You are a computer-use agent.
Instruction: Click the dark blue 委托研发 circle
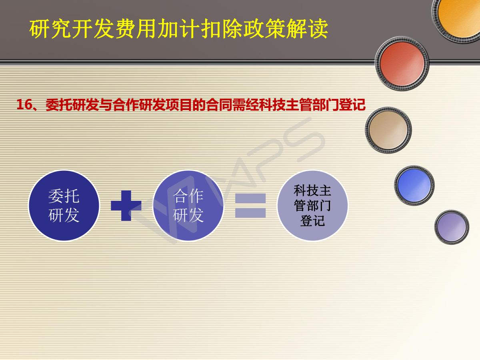tap(64, 206)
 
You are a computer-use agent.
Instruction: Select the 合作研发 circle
tap(188, 206)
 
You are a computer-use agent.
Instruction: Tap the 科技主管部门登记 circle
tap(312, 206)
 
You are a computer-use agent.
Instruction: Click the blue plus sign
tap(126, 206)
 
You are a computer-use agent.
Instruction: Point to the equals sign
tap(250, 206)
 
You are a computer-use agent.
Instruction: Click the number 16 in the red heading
tap(24, 104)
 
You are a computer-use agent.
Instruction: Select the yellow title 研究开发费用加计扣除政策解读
tap(179, 29)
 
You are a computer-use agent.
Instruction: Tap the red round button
tap(402, 64)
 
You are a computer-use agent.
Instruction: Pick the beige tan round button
tap(388, 130)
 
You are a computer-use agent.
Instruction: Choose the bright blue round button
tap(414, 185)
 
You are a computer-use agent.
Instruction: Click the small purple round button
tap(452, 227)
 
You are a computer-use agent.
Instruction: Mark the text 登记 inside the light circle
tap(312, 220)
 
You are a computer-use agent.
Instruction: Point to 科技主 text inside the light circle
tap(312, 191)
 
